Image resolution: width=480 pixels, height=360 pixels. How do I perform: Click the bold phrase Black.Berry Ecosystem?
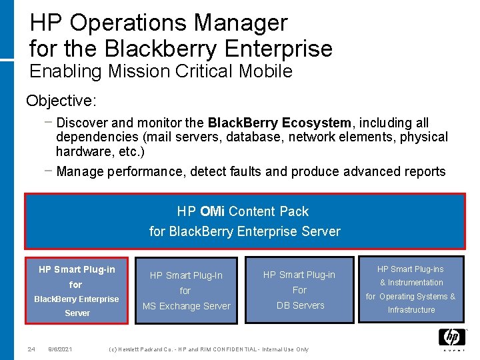tap(279, 123)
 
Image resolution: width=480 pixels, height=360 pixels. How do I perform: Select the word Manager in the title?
tap(241, 23)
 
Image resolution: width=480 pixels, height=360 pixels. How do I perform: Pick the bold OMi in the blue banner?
tap(212, 211)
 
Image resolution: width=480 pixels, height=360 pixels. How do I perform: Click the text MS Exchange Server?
tap(186, 306)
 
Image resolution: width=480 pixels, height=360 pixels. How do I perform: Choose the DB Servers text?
tap(299, 305)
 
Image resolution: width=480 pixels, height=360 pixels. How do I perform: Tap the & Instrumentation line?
tap(411, 283)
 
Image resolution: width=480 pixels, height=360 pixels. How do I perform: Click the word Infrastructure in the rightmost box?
tap(411, 310)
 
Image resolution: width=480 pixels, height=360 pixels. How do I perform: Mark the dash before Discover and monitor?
tap(47, 123)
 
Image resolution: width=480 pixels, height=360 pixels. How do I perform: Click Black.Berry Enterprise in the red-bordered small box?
tap(77, 299)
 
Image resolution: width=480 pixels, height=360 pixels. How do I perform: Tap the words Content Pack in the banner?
tap(269, 211)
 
